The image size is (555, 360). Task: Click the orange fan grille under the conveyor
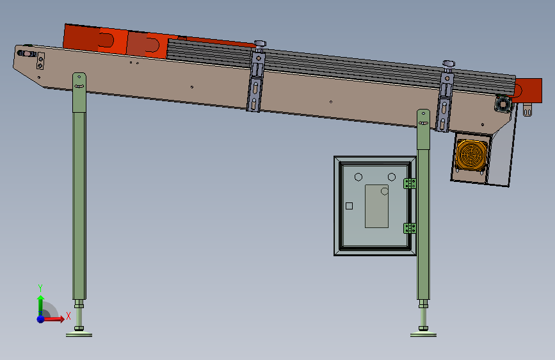(x=471, y=155)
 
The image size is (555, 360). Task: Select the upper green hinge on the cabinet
(x=410, y=183)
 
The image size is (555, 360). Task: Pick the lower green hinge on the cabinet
(x=410, y=228)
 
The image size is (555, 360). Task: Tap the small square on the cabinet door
(x=349, y=206)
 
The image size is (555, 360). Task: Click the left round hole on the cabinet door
(x=358, y=177)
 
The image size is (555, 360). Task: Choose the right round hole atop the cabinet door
(x=392, y=177)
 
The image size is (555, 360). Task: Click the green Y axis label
(x=40, y=288)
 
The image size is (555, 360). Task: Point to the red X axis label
(x=68, y=316)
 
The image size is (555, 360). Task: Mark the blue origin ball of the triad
(x=41, y=319)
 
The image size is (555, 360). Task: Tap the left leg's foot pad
(x=79, y=334)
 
